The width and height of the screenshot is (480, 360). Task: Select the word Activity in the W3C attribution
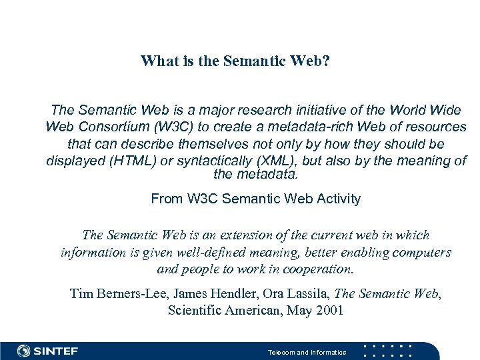(337, 199)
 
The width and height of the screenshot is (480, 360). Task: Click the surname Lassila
(304, 293)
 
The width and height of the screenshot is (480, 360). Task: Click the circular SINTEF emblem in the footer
(24, 351)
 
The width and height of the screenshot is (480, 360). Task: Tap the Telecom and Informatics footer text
(307, 352)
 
